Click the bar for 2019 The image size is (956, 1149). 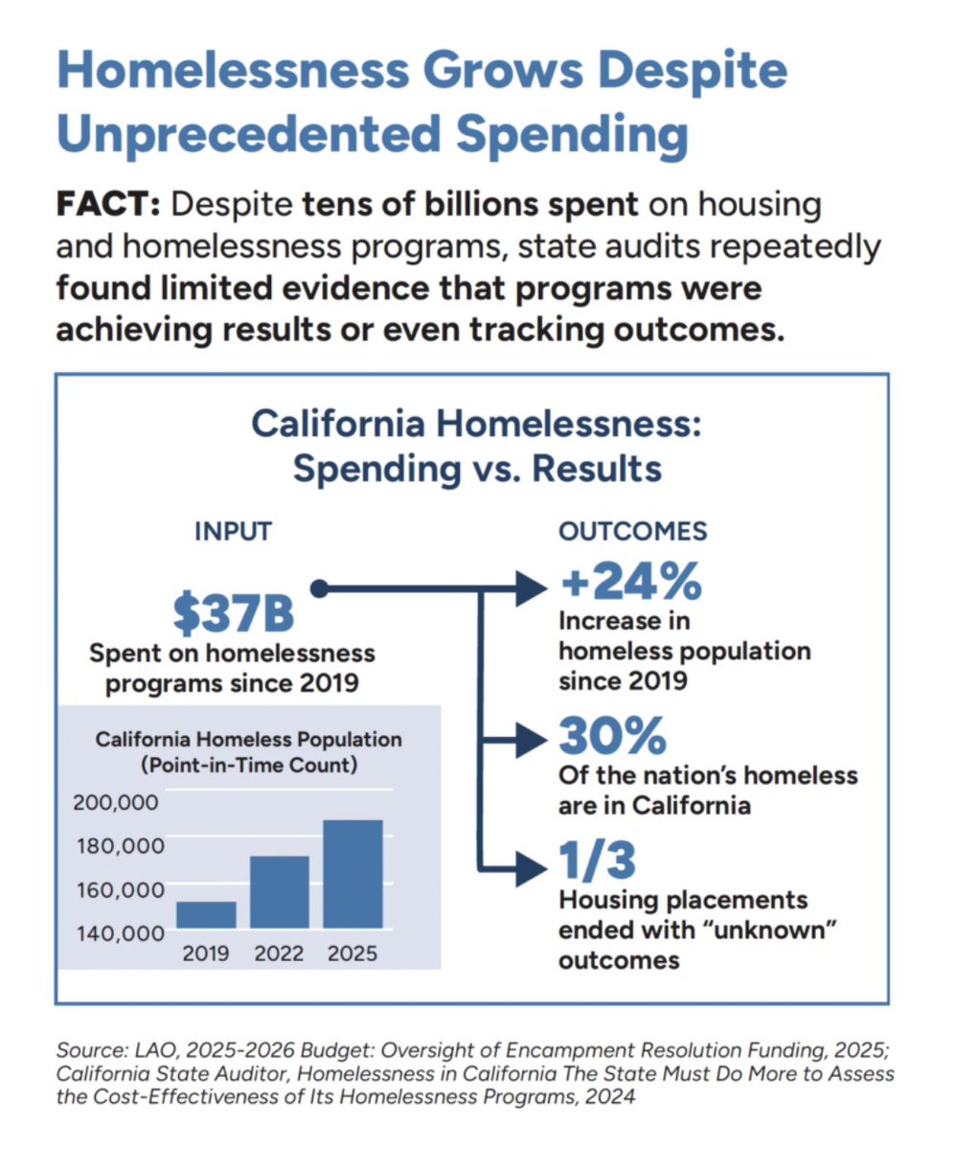click(x=206, y=914)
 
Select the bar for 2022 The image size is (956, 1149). click(x=280, y=891)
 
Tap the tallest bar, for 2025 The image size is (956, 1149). click(x=353, y=873)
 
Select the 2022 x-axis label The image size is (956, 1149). click(x=280, y=954)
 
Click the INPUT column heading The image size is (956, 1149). click(x=234, y=530)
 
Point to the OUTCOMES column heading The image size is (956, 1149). click(x=633, y=530)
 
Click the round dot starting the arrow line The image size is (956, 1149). click(x=321, y=588)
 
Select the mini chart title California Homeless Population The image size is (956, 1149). click(x=248, y=740)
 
